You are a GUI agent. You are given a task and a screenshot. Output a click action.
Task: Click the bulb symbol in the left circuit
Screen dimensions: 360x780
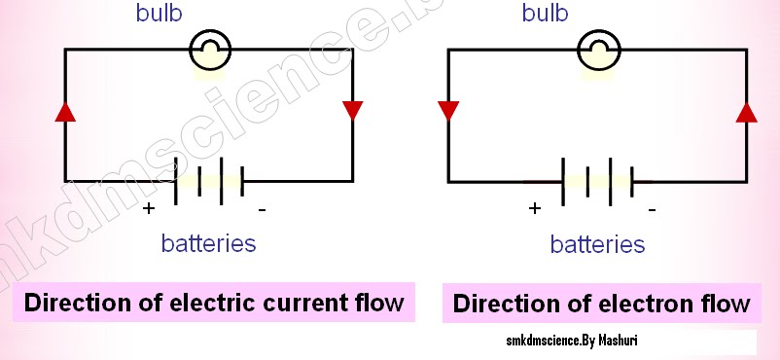209,50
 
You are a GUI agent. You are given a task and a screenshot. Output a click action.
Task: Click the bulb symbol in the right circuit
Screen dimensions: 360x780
598,50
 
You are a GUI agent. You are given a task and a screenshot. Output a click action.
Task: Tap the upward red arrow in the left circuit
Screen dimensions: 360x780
65,111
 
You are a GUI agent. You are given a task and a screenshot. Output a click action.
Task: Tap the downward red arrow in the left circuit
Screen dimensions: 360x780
352,110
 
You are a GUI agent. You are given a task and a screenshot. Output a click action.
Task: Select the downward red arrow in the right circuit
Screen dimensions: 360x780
448,110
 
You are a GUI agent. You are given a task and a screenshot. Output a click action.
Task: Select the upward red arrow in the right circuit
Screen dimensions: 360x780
746,111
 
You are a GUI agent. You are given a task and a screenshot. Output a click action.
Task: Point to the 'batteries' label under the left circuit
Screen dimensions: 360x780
209,243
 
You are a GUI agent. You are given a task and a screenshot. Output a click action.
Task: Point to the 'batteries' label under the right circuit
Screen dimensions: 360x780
597,244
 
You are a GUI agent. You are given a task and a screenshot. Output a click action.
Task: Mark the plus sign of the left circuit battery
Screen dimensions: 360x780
148,208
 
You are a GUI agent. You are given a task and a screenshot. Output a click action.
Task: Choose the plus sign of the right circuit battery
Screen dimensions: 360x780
534,208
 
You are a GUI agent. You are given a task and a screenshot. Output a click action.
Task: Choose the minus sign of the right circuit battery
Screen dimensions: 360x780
651,208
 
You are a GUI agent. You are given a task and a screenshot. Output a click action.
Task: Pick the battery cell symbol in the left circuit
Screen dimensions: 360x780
208,180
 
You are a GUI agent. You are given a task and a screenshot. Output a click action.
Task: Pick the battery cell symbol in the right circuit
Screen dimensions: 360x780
598,181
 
